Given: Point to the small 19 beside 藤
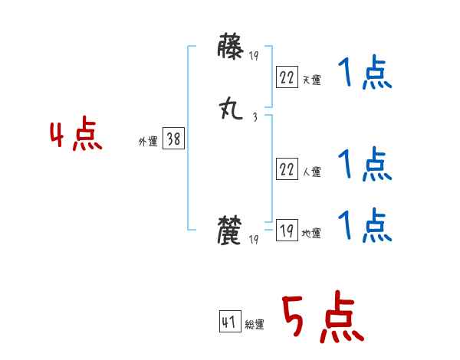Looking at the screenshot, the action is coord(255,56).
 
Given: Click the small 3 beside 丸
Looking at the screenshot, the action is coord(254,117).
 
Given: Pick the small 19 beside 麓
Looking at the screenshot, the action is coord(255,240).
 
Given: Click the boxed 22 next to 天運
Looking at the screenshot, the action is coord(287,77).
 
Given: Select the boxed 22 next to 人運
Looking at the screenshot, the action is coord(287,169).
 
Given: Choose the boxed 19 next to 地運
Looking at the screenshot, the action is coord(287,231).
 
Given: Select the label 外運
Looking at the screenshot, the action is coord(148,142).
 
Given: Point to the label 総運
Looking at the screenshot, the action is coord(255,325).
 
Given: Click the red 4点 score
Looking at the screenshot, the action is coord(76,136).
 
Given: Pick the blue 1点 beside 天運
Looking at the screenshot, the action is coord(364,74).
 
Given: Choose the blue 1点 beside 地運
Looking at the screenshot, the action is coord(364,226).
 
